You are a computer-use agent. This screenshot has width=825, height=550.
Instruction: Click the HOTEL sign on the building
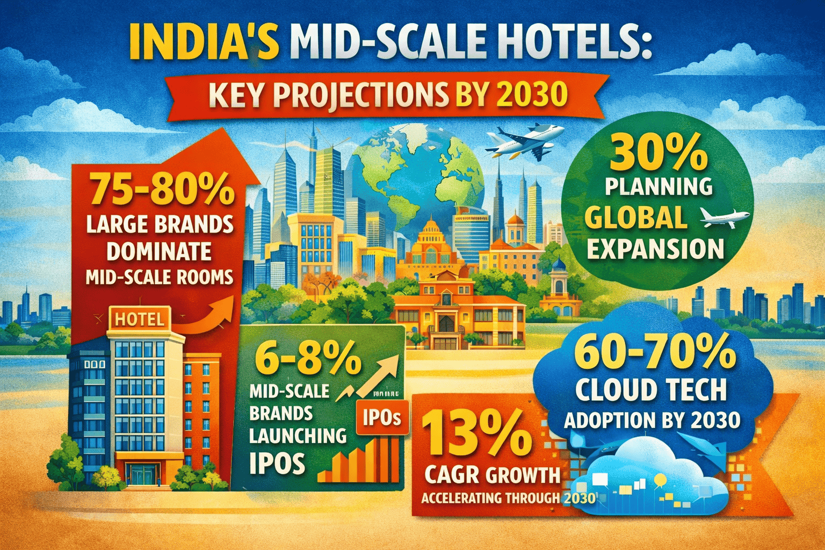coord(140,320)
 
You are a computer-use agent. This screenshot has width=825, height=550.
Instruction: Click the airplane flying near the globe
coord(524,141)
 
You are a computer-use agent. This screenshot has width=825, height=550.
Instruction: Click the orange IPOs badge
coord(382,418)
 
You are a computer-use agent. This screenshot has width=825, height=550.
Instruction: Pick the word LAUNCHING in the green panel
coord(298,435)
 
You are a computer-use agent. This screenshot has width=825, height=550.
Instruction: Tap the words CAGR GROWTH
coord(493,475)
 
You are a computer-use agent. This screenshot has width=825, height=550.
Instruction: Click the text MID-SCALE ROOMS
coord(159,277)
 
